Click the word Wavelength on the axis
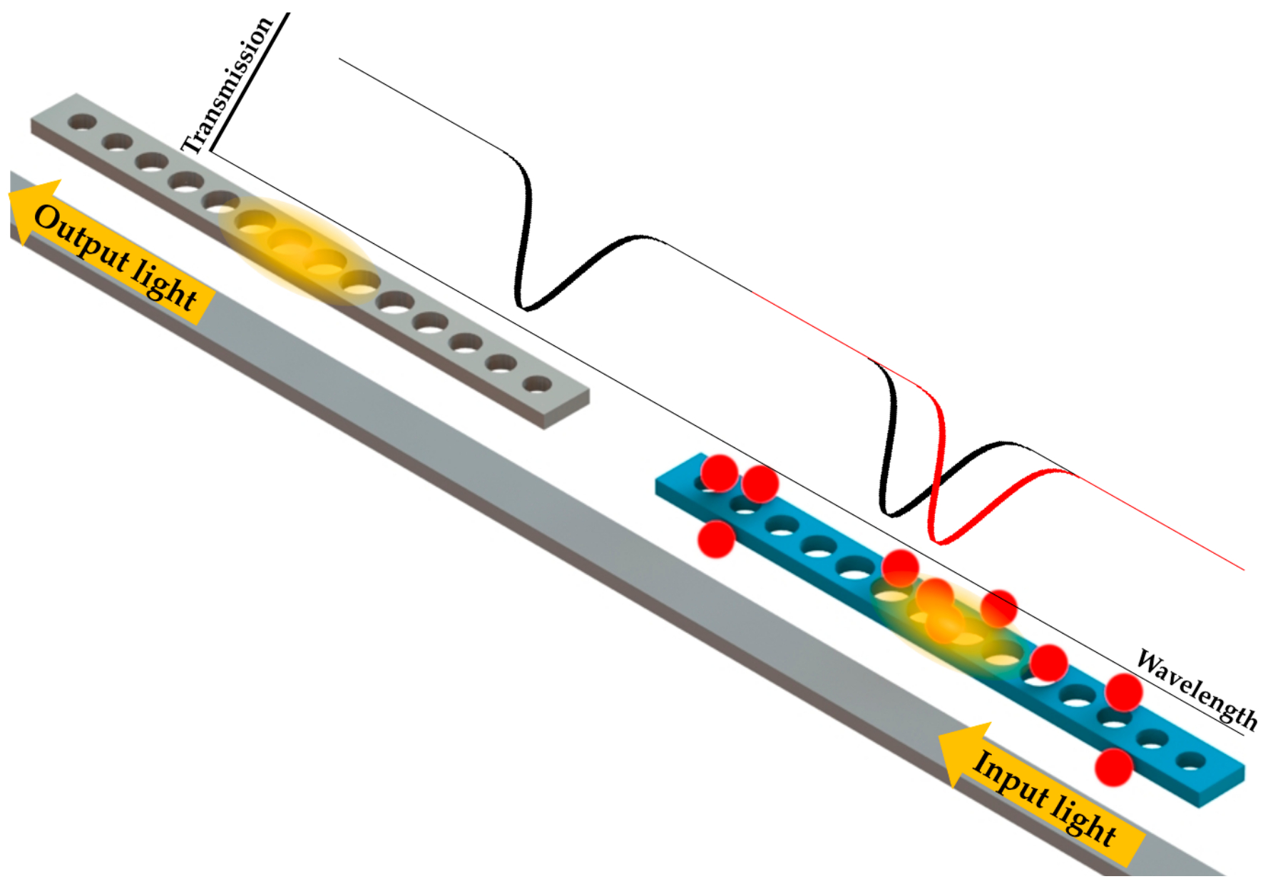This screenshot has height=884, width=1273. pyautogui.click(x=1197, y=689)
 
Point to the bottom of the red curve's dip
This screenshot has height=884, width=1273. pyautogui.click(x=940, y=542)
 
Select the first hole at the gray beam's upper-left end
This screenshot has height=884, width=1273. pyautogui.click(x=82, y=122)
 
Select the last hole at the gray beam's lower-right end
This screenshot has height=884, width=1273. pyautogui.click(x=536, y=385)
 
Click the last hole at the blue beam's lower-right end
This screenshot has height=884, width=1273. pyautogui.click(x=1190, y=762)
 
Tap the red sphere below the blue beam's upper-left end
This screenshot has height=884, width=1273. pyautogui.click(x=715, y=539)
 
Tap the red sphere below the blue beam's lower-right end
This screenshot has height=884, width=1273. pyautogui.click(x=1113, y=767)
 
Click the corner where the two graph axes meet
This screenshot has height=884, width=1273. pyautogui.click(x=211, y=151)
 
